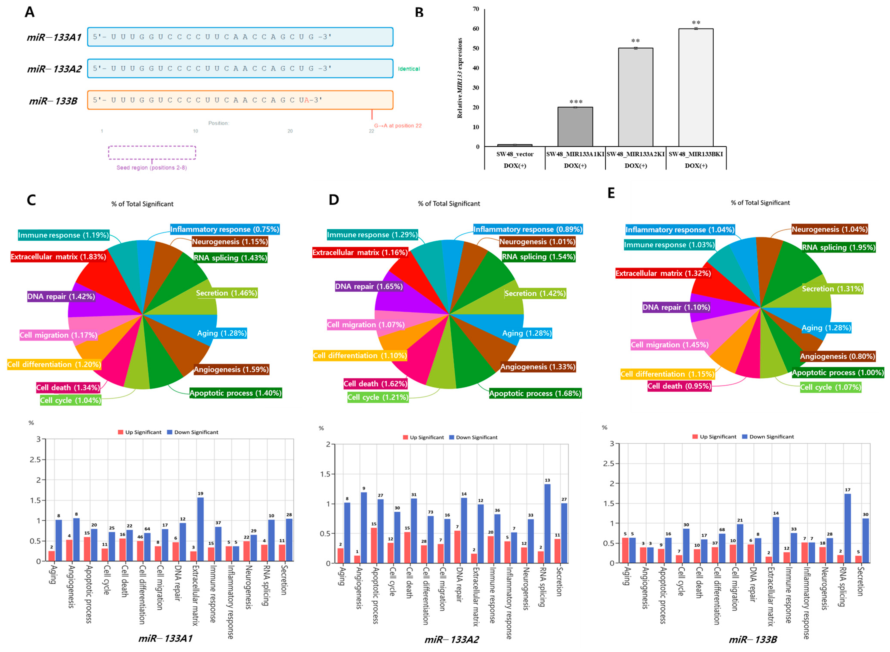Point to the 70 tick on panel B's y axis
pos(476,9)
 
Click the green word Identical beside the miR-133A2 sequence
pos(409,69)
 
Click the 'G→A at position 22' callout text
pos(398,126)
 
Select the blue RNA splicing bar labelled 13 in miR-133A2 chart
pos(547,523)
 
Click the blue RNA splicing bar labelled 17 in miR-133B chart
pos(847,528)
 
